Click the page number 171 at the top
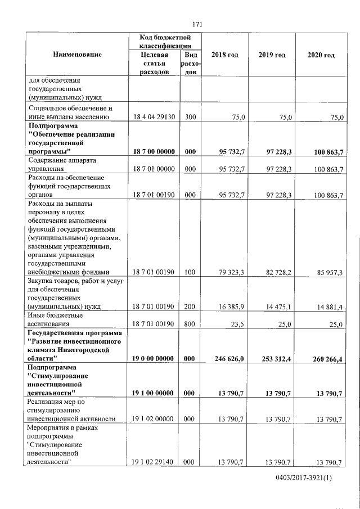coord(196,24)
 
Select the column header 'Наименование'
coord(77,55)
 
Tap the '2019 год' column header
coord(272,55)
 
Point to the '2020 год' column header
coord(321,55)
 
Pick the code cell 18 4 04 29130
coord(153,117)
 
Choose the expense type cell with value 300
coord(190,117)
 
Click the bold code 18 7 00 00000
coord(153,152)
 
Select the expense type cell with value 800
coord(190,324)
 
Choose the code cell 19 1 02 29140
coord(153,462)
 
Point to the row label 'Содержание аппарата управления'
coord(61,164)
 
